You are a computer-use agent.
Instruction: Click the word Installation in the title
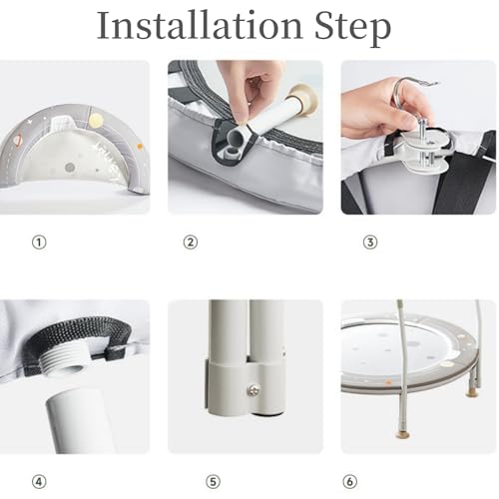pyautogui.click(x=200, y=25)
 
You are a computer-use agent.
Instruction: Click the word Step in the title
pyautogui.click(x=353, y=29)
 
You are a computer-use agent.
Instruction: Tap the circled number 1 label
pyautogui.click(x=39, y=243)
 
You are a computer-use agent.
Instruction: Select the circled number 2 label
pyautogui.click(x=191, y=243)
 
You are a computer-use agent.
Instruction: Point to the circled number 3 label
pyautogui.click(x=370, y=243)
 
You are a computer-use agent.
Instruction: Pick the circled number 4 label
pyautogui.click(x=39, y=482)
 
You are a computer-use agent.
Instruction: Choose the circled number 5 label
pyautogui.click(x=213, y=482)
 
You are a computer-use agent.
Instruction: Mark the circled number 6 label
pyautogui.click(x=350, y=482)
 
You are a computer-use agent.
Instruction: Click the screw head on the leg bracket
pyautogui.click(x=252, y=390)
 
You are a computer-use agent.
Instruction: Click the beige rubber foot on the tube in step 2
pyautogui.click(x=302, y=98)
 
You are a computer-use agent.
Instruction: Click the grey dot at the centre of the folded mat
pyautogui.click(x=70, y=168)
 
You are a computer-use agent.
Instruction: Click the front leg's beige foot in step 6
pyautogui.click(x=404, y=434)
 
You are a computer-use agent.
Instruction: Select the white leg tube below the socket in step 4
pyautogui.click(x=80, y=421)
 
